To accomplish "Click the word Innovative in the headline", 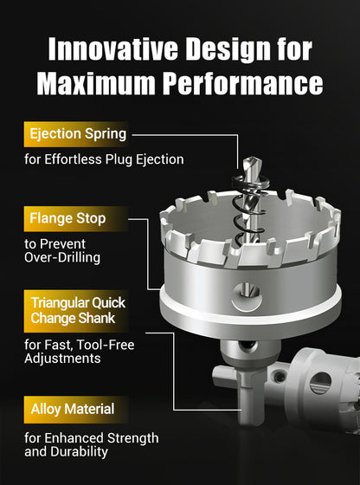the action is pyautogui.click(x=113, y=49).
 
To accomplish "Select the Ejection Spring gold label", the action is pyautogui.click(x=76, y=134).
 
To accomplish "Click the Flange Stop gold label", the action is pyautogui.click(x=76, y=218).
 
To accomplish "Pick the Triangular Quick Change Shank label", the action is pyautogui.click(x=76, y=311).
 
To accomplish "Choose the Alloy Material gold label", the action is pyautogui.click(x=76, y=409).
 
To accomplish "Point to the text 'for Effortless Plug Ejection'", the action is pyautogui.click(x=104, y=159).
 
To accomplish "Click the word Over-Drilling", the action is pyautogui.click(x=62, y=258).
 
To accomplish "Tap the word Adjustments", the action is pyautogui.click(x=62, y=359).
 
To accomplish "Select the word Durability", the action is pyautogui.click(x=80, y=452).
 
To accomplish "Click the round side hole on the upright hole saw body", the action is pyautogui.click(x=247, y=296).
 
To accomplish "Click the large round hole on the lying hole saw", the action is pyautogui.click(x=320, y=383).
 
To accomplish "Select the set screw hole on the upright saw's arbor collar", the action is pyautogui.click(x=247, y=346).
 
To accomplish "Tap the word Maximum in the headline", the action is pyautogui.click(x=96, y=83).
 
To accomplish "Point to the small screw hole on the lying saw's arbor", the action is pyautogui.click(x=280, y=377).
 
